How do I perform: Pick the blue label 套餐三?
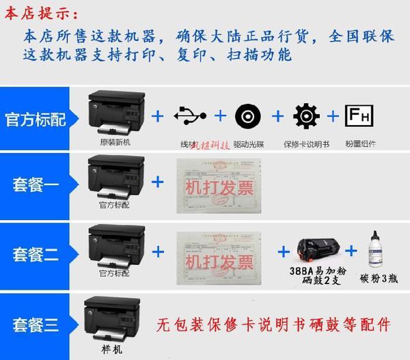click(x=36, y=320)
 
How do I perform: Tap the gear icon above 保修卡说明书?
click(x=305, y=117)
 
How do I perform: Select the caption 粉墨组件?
click(x=361, y=145)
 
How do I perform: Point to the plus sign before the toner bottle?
click(x=351, y=251)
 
